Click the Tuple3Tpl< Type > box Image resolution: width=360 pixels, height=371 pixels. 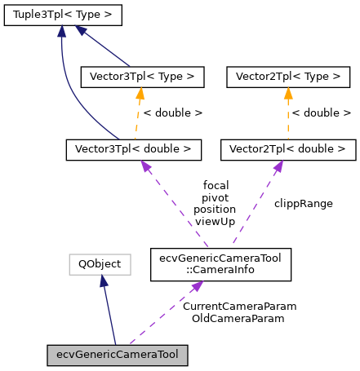[x=62, y=15]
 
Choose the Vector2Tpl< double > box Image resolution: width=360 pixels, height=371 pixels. [x=287, y=149]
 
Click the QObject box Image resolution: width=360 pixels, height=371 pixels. [x=100, y=263]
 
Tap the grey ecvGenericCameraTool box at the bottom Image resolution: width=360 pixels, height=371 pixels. [x=118, y=356]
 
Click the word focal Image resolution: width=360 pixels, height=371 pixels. [x=215, y=185]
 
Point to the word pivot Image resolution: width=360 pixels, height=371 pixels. [x=215, y=197]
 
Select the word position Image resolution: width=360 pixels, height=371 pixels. [x=215, y=210]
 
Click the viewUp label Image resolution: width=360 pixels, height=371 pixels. [x=215, y=222]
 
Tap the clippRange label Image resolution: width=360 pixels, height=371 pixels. [x=303, y=203]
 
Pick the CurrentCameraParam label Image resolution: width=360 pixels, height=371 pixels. [x=238, y=307]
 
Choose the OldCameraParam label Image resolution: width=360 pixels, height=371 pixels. [x=238, y=319]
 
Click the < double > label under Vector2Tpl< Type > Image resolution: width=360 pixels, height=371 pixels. [x=322, y=113]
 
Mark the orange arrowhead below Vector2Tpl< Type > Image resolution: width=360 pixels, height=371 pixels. [x=288, y=93]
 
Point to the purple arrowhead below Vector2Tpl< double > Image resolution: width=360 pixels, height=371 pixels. [x=278, y=166]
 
